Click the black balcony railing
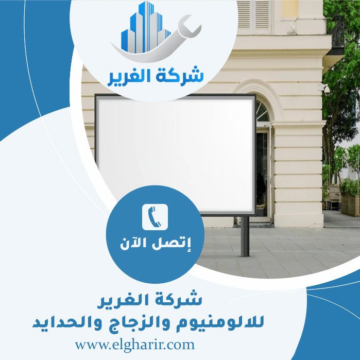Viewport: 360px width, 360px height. (x=337, y=31)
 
